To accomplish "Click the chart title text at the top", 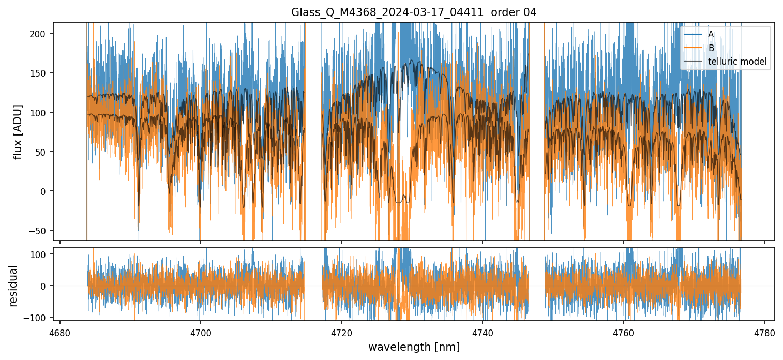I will click(x=414, y=12).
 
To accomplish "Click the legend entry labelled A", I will click(x=711, y=34).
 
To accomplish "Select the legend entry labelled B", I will click(x=711, y=48).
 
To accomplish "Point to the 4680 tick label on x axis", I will click(x=60, y=333).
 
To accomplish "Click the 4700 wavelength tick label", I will click(x=201, y=333).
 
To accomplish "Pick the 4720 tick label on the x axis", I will click(x=342, y=333).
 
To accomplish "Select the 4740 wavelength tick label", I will click(x=483, y=333).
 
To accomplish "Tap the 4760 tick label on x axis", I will click(x=624, y=333).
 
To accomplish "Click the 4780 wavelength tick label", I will click(x=764, y=333).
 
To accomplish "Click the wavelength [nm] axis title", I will click(x=414, y=347).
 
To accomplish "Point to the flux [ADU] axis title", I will click(x=19, y=131).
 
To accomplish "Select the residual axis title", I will click(x=13, y=286).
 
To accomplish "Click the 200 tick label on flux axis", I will click(x=41, y=34).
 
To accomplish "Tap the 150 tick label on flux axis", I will click(x=41, y=73).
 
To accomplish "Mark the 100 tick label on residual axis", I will click(x=41, y=254).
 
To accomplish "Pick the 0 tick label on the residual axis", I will click(x=44, y=286).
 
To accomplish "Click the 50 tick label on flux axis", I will click(x=43, y=152).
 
